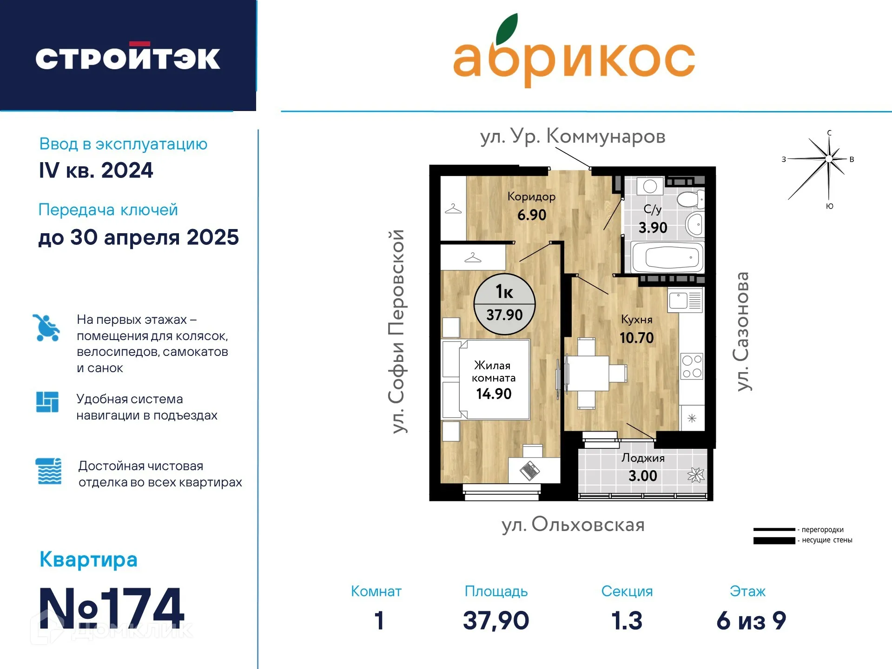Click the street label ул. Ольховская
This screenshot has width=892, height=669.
click(573, 525)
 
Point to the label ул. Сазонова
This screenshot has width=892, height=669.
click(743, 331)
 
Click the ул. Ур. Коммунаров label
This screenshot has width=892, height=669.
click(573, 136)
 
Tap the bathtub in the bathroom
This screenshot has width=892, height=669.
click(667, 257)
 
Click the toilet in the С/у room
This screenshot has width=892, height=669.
click(691, 199)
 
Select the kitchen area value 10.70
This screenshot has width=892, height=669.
click(636, 338)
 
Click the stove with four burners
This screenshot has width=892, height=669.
click(692, 367)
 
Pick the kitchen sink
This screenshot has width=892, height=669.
click(685, 301)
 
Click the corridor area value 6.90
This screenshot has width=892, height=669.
click(532, 215)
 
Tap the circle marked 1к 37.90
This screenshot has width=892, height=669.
click(504, 304)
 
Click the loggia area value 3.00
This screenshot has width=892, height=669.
click(643, 476)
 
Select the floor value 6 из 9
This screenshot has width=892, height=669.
click(751, 620)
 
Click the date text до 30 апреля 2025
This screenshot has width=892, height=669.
click(139, 238)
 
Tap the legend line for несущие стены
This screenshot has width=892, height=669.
click(774, 541)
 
